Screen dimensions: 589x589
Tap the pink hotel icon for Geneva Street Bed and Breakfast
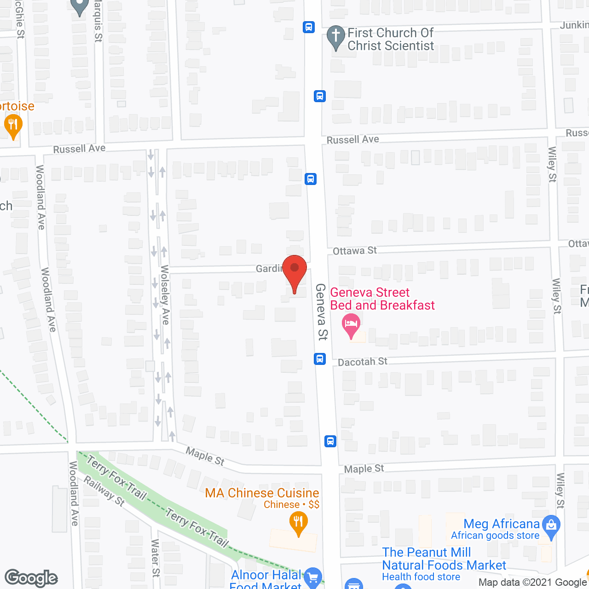351,324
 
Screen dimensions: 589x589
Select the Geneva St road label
321,312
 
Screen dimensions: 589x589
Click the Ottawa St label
354,251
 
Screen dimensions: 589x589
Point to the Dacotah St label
363,362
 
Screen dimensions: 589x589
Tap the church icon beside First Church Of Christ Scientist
336,36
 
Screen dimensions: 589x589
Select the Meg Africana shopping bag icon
551,526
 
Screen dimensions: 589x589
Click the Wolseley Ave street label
165,295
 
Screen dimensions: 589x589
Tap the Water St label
156,558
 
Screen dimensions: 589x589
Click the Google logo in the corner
31,578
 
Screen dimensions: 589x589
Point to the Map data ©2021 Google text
532,583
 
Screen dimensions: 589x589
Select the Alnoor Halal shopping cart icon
313,577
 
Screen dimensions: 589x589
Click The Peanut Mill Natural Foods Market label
444,559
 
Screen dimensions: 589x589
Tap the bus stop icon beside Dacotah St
320,358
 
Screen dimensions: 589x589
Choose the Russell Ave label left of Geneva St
79,149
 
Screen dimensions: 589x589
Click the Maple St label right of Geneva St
364,469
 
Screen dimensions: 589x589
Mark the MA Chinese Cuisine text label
262,493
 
